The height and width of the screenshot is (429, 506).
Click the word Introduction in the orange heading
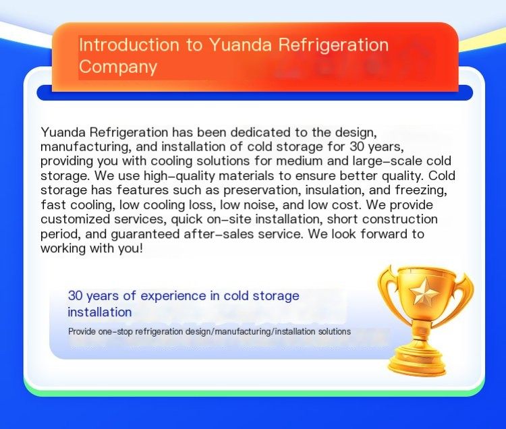pos(129,45)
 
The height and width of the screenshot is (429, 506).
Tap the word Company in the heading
pos(118,67)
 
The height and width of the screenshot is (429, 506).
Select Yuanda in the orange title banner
pos(240,45)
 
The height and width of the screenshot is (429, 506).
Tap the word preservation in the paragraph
pos(261,190)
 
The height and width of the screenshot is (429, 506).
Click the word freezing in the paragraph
pos(421,190)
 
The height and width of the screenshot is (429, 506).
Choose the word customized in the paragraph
pos(75,219)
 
